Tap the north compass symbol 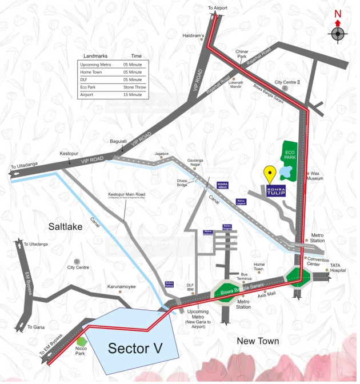[337, 34]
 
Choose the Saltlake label [65, 227]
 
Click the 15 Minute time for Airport [133, 94]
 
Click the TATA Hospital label [341, 269]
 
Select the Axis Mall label [266, 295]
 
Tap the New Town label [258, 341]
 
